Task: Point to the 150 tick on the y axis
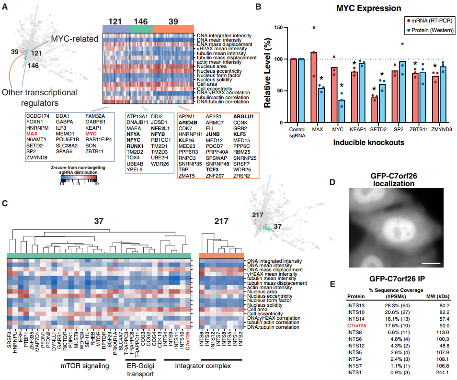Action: (281, 27)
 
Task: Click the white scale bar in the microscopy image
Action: (431, 263)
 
